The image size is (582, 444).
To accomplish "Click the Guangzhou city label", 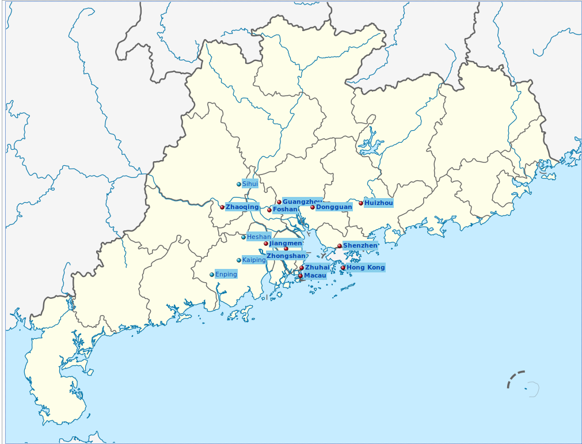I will click(302, 202).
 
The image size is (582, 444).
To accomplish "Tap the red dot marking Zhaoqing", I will click(222, 207).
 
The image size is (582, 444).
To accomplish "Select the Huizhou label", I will click(379, 203).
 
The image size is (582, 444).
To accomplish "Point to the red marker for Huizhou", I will click(361, 203).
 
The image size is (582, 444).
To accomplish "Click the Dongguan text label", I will click(334, 207).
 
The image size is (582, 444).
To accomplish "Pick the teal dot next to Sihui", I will click(239, 184).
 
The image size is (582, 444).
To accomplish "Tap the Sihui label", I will click(250, 184).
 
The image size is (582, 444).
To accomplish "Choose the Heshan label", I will click(258, 237).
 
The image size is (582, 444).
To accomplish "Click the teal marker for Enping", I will click(212, 275).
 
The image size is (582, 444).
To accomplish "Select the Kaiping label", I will click(254, 260).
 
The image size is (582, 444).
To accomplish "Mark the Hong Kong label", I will click(366, 267).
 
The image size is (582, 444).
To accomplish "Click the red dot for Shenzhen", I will click(340, 246).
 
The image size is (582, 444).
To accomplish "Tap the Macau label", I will click(315, 276).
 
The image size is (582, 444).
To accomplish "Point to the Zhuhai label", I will click(317, 267).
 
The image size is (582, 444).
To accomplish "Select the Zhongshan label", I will click(286, 256).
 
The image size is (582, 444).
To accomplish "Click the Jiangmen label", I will click(286, 243).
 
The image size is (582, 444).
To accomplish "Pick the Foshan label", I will click(285, 209).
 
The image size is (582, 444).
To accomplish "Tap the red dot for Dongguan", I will click(313, 207).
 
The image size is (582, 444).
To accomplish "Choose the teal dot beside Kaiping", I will click(239, 260).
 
